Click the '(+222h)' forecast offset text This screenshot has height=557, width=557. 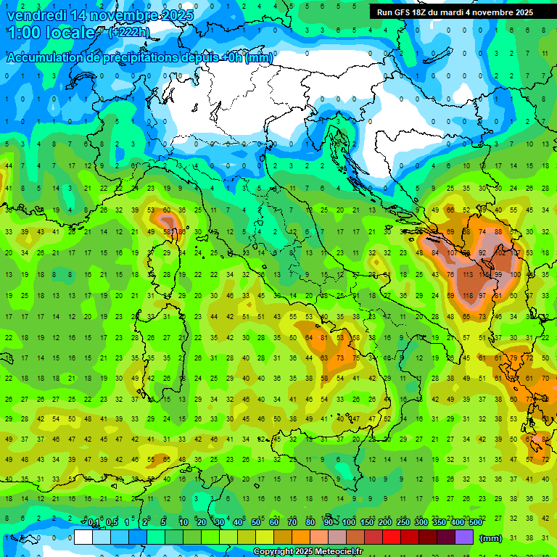pos(131,33)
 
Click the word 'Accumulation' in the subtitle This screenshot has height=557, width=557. pos(51,59)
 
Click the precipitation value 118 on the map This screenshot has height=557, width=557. pos(468,296)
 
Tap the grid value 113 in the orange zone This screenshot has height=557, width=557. pos(468,275)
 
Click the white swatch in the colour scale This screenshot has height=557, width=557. pos(83,537)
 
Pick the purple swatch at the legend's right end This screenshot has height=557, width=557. pos(464,537)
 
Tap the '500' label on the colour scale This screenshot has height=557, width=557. pos(475,523)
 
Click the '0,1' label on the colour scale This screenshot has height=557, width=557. pos(94,523)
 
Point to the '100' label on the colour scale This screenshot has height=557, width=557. pos(348,523)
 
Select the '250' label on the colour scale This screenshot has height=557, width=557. pos(403,523)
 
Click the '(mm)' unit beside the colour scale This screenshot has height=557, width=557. pos(491,537)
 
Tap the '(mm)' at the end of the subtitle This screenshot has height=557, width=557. pos(259,59)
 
